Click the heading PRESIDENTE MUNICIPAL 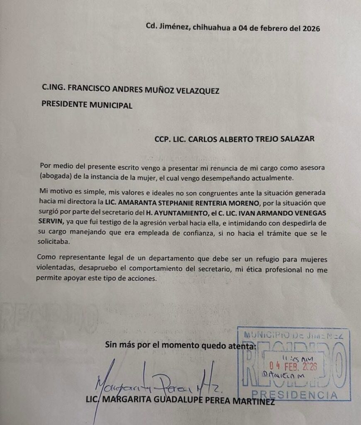87,105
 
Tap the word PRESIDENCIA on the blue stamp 295,395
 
